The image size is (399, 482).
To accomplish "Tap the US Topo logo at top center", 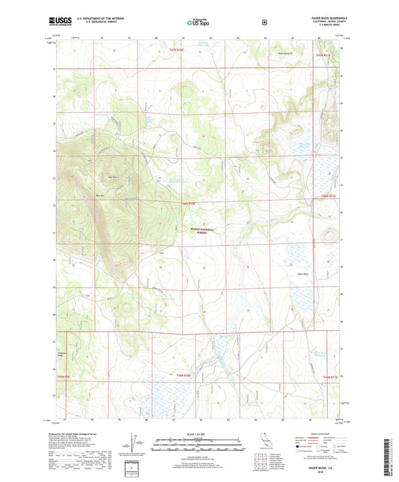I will coord(198,22).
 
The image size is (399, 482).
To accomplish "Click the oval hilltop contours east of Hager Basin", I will coord(327,238).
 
